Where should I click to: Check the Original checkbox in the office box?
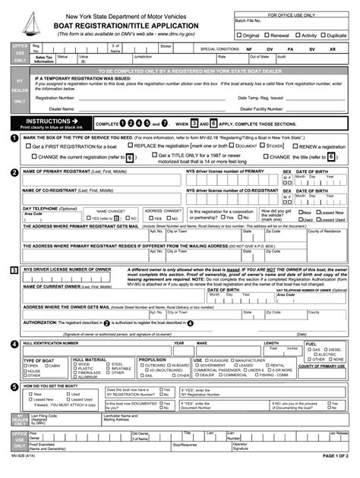click(x=240, y=35)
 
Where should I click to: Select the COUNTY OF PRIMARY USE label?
click(x=322, y=366)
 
